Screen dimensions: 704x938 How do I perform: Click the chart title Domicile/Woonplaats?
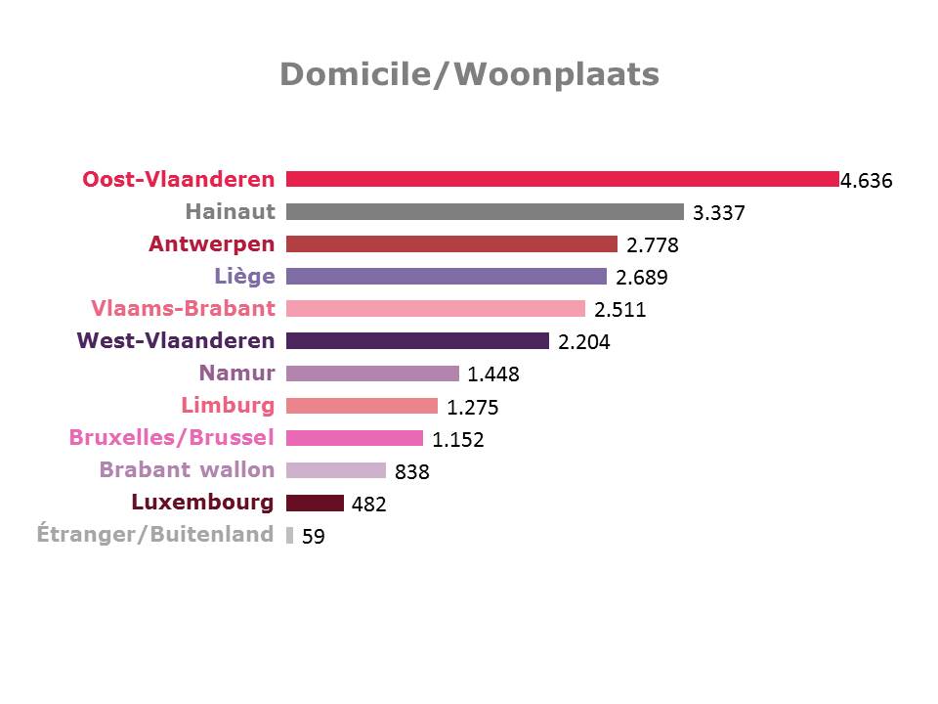tap(469, 74)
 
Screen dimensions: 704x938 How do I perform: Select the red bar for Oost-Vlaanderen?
tap(562, 179)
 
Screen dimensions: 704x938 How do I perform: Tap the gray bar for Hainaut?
tap(485, 211)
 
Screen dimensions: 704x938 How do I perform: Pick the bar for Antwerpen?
tap(451, 243)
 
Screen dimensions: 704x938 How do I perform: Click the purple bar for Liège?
tap(446, 276)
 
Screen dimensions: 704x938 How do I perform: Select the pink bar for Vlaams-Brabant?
tap(435, 308)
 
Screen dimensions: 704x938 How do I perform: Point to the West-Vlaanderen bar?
tap(417, 340)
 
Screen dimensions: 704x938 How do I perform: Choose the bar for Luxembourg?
tap(315, 503)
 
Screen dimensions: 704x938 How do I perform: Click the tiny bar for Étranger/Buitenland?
tap(289, 535)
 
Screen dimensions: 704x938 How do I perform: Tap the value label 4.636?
tap(867, 180)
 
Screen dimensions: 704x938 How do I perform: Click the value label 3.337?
tap(718, 212)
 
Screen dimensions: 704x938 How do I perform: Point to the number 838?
tap(412, 472)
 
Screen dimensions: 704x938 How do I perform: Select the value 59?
tap(314, 536)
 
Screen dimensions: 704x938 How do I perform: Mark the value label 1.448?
tap(493, 374)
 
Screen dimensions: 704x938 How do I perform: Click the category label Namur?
tap(237, 373)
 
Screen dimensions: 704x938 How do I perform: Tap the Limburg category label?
tap(228, 405)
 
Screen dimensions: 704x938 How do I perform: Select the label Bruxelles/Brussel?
tap(172, 437)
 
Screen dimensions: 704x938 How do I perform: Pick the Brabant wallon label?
tap(187, 469)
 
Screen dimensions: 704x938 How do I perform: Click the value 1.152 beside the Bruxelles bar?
tap(458, 440)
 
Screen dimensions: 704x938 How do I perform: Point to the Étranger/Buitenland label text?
tap(155, 534)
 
